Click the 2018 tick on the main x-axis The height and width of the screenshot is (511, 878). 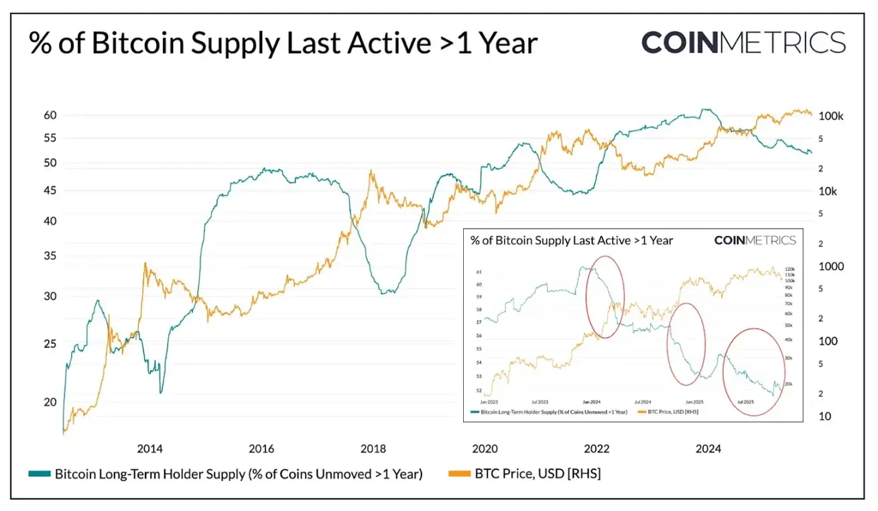coord(372,449)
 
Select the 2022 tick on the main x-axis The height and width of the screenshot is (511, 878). coord(596,449)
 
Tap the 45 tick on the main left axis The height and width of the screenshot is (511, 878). coord(50,191)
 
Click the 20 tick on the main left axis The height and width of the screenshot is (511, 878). coord(50,402)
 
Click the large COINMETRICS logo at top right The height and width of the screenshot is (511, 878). coord(743,43)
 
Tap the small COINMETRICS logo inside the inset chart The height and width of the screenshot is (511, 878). coord(755,240)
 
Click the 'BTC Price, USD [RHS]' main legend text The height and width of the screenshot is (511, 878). coord(538,474)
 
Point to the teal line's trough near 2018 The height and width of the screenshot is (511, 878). coord(387,292)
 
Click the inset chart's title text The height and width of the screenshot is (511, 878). coord(571,240)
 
